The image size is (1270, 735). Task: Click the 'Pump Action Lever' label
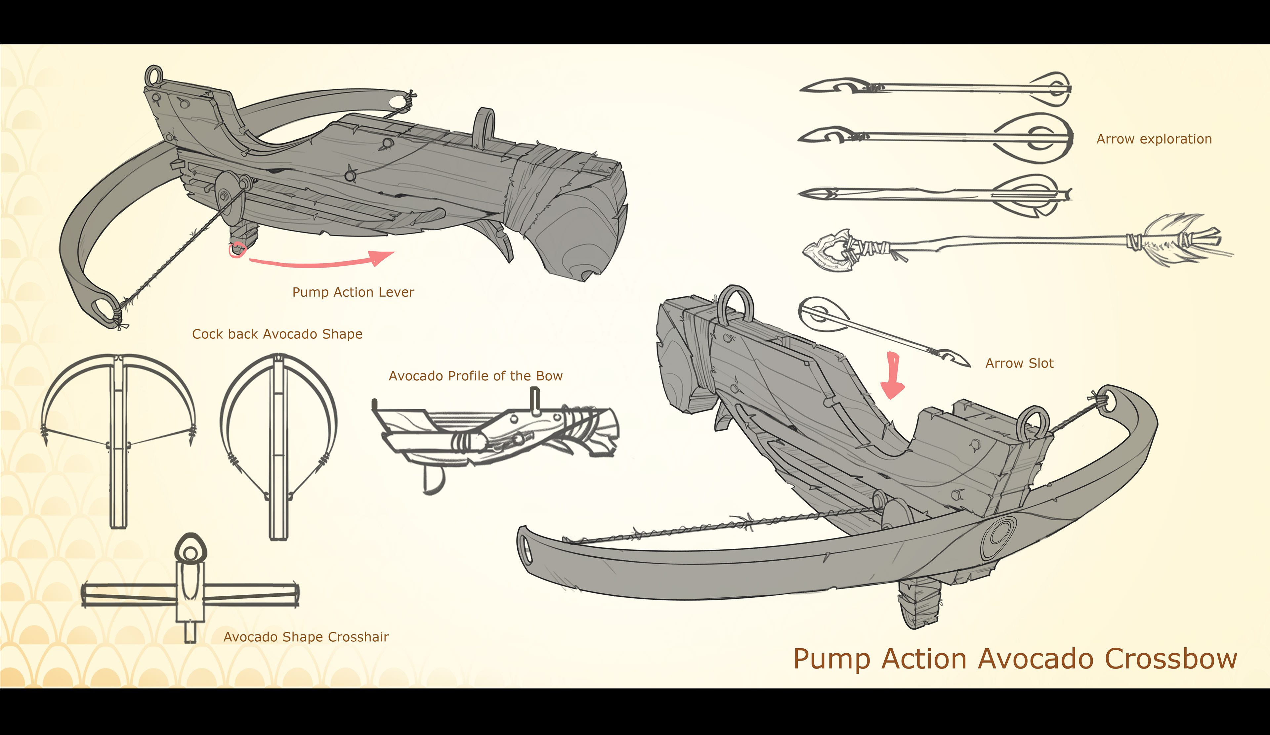[x=353, y=292]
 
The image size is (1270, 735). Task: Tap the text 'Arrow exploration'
[x=1154, y=139]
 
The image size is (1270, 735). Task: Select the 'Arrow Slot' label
[x=1019, y=364]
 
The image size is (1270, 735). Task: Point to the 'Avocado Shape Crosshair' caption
[x=306, y=637]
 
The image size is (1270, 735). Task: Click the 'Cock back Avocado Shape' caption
[x=277, y=334]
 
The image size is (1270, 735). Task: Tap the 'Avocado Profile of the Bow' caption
[x=475, y=376]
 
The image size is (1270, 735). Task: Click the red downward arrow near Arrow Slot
[x=893, y=375]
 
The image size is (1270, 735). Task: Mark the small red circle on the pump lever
[x=236, y=249]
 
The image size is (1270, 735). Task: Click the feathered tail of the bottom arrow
[x=1179, y=239]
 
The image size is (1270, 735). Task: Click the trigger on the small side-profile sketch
[x=433, y=479]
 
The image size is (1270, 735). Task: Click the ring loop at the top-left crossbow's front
[x=154, y=76]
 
